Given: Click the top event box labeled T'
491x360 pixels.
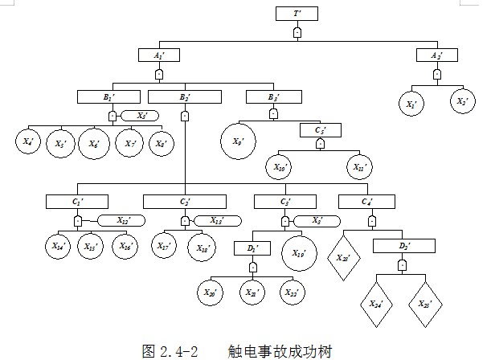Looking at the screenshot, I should [x=297, y=14].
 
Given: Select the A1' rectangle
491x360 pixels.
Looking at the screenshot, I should [x=158, y=55].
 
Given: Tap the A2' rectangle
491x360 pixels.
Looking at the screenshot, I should [x=436, y=55].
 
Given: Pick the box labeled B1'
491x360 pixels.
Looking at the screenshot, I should [x=109, y=97].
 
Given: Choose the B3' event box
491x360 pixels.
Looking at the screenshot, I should [x=274, y=97].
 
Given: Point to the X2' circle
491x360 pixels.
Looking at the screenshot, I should [x=461, y=103].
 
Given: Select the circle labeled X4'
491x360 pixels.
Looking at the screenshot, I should [x=28, y=142].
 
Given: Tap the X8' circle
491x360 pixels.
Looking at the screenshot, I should [x=162, y=143].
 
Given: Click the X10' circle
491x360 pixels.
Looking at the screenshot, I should [x=280, y=168].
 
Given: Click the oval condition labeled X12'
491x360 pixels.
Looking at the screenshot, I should [x=121, y=220].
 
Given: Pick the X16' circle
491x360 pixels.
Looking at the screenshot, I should [x=125, y=246].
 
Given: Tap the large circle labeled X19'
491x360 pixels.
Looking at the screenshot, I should [x=299, y=254].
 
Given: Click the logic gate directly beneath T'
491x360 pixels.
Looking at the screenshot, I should [x=297, y=34].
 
